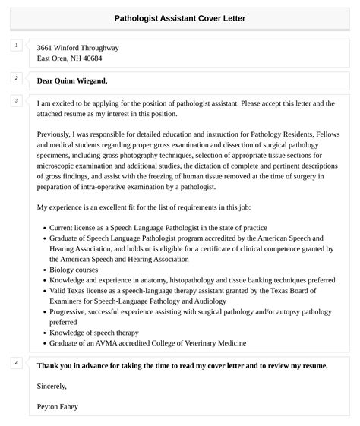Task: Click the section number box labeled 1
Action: pos(16,46)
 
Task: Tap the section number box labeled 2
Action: pos(16,78)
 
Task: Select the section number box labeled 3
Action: pos(16,100)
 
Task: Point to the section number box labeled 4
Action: pos(16,363)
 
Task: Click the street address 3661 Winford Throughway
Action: pos(77,47)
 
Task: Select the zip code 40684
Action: pos(89,58)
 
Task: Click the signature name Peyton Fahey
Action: pos(57,406)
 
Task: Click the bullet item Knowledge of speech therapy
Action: pos(96,333)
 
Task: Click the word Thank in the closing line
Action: pos(49,365)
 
